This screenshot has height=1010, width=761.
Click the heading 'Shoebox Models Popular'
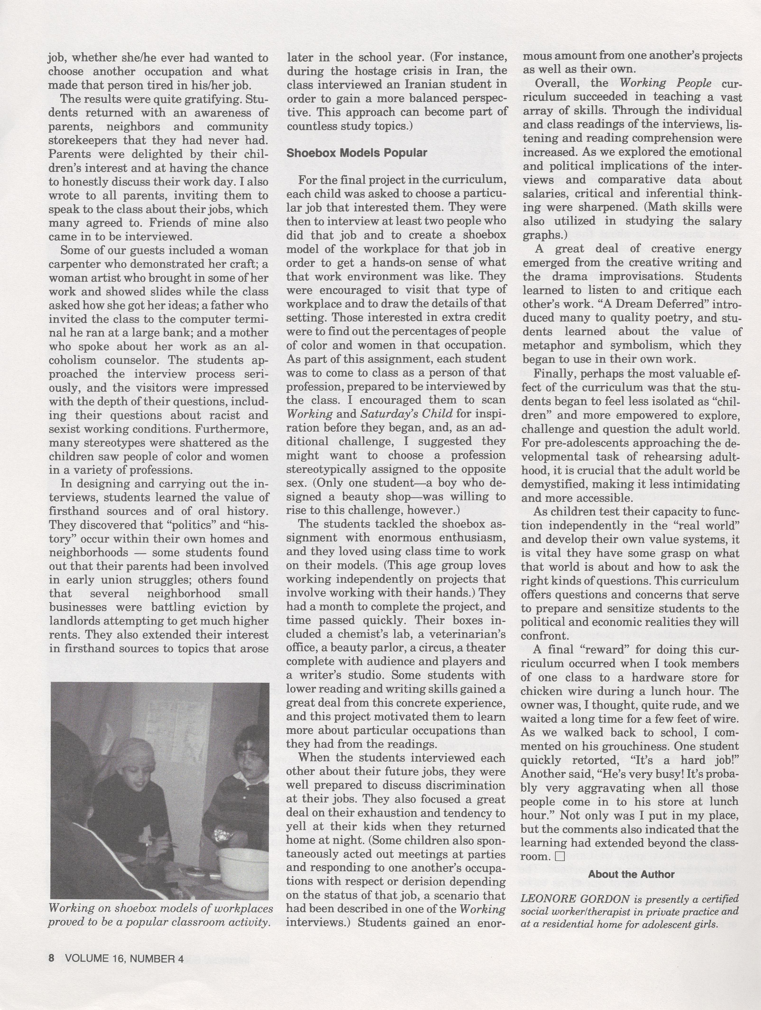[x=356, y=153]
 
